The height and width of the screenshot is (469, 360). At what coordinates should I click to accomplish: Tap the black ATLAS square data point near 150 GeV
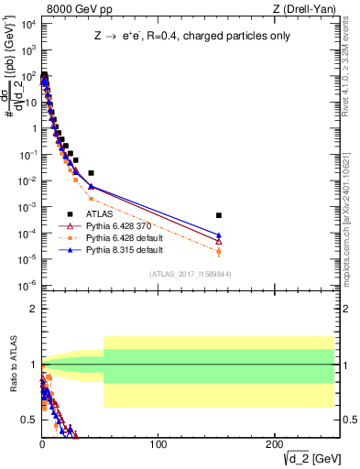218,215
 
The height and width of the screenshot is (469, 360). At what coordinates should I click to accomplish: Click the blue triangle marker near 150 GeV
218,235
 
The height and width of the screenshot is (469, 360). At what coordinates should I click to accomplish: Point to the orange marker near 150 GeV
218,251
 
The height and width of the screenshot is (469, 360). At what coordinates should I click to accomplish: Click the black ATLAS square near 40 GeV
91,172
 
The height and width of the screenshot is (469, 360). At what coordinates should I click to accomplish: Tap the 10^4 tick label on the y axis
27,25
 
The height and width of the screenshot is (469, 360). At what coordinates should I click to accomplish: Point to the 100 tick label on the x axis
158,444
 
